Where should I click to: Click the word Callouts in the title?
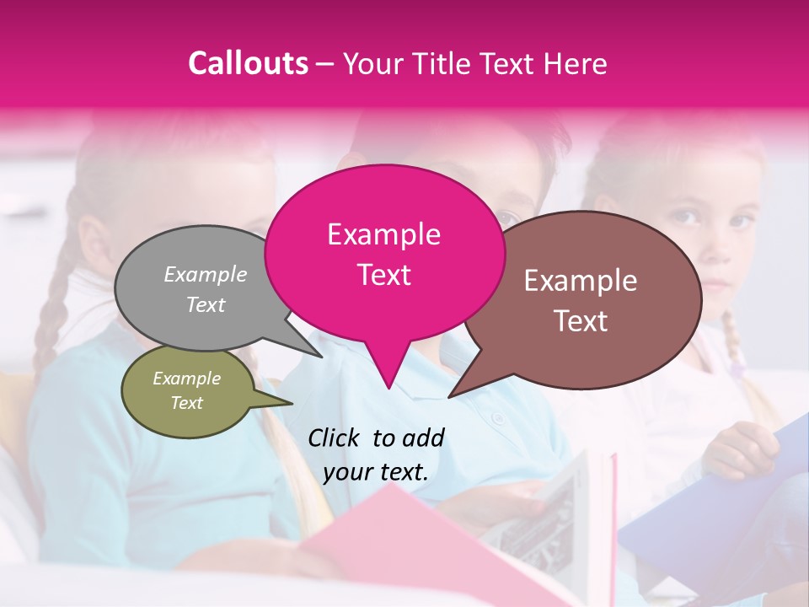(x=248, y=63)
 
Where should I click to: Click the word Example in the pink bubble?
(x=383, y=234)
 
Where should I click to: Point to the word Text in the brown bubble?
(x=581, y=321)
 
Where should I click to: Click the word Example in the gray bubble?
(x=205, y=274)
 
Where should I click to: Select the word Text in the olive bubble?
(x=186, y=403)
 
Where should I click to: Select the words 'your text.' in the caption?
(x=376, y=472)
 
